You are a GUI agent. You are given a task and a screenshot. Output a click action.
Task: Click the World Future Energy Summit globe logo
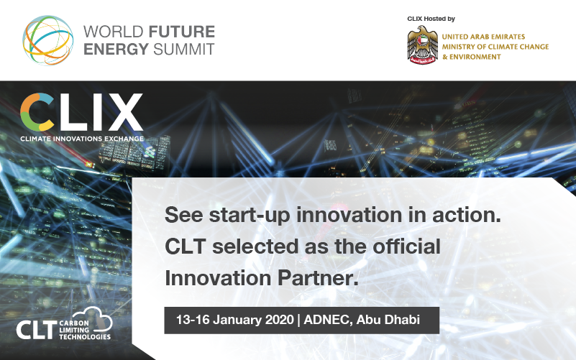click(47, 40)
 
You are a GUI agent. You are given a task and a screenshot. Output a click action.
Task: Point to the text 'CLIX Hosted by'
click(431, 19)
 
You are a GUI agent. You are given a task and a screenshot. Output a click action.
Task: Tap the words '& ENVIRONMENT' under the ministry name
click(472, 57)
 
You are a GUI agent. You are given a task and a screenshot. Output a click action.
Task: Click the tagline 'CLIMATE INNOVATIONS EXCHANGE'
click(81, 138)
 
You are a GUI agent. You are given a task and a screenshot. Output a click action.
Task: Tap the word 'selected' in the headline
click(264, 246)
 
